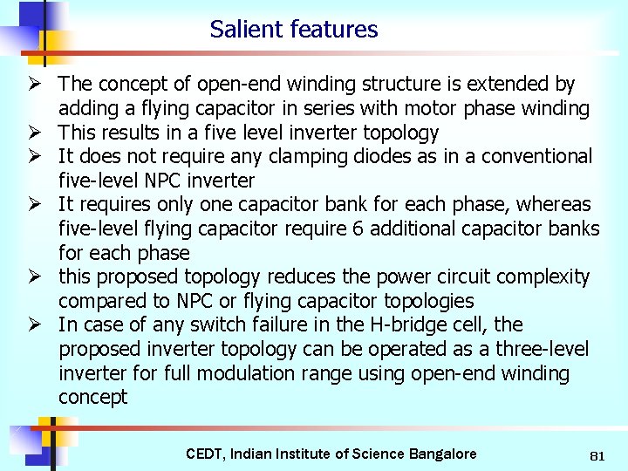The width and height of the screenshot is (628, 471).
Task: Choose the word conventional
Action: [x=529, y=157]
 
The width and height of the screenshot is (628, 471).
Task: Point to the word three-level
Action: [x=538, y=350]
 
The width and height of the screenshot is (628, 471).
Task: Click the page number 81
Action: [x=597, y=455]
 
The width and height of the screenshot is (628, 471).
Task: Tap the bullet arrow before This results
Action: [x=37, y=133]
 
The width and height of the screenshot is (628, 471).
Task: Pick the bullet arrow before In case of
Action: [x=37, y=325]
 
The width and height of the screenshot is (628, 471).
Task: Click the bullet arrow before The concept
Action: [x=37, y=85]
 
